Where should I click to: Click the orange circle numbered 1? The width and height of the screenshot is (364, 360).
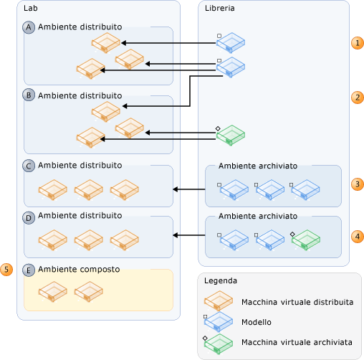pyautogui.click(x=358, y=43)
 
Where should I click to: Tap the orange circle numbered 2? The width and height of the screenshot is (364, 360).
pyautogui.click(x=358, y=98)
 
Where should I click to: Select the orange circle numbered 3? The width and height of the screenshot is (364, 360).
pyautogui.click(x=358, y=184)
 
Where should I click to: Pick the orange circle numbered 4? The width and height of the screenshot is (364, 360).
pyautogui.click(x=358, y=237)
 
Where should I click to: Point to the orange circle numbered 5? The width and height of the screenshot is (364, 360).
pyautogui.click(x=6, y=270)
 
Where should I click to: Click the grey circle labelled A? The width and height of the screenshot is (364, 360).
pyautogui.click(x=29, y=27)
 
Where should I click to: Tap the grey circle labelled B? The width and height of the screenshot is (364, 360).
pyautogui.click(x=29, y=95)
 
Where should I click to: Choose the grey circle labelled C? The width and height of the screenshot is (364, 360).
pyautogui.click(x=29, y=166)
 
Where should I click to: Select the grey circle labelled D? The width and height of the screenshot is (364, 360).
pyautogui.click(x=29, y=218)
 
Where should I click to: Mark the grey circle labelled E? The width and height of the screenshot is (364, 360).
pyautogui.click(x=29, y=270)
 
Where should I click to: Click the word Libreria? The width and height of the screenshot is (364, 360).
pyautogui.click(x=219, y=8)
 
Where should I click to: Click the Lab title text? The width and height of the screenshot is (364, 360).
pyautogui.click(x=31, y=8)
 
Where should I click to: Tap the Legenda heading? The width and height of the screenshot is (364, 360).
pyautogui.click(x=221, y=280)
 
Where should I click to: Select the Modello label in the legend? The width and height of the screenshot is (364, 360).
pyautogui.click(x=257, y=322)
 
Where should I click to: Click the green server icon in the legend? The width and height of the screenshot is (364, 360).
pyautogui.click(x=218, y=344)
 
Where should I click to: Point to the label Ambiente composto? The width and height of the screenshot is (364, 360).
pyautogui.click(x=79, y=270)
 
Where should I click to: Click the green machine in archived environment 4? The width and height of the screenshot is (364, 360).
pyautogui.click(x=306, y=240)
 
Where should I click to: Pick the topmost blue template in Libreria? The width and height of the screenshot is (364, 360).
pyautogui.click(x=231, y=43)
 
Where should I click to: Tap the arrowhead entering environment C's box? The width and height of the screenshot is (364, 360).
pyautogui.click(x=176, y=189)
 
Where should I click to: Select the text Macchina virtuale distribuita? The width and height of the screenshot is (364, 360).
pyautogui.click(x=297, y=302)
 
